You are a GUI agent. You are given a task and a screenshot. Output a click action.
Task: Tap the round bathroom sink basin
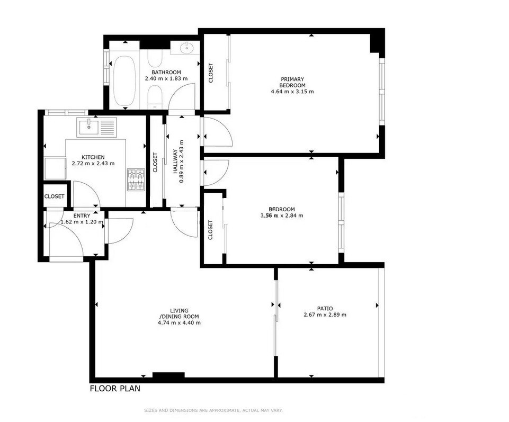coord(187,49)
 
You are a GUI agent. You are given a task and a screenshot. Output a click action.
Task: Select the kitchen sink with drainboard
coord(96,128)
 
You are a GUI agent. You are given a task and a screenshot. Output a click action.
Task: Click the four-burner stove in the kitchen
coord(135,179)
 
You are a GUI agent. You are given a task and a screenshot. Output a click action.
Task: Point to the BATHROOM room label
coord(166,73)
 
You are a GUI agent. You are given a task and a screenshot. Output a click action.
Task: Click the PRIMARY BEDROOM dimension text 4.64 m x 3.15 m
coord(292,92)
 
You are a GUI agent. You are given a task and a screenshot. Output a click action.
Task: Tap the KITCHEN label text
coord(93,157)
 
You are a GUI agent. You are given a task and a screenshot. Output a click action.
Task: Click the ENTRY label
coord(82,216)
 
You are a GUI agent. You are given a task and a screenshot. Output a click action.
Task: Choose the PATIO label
coord(325,308)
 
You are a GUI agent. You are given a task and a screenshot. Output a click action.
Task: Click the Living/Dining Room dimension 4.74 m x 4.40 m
coord(179,322)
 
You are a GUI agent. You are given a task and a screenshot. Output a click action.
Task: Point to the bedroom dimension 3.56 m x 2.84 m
coord(281,216)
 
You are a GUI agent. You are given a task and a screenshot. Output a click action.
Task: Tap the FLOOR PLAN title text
coord(115,389)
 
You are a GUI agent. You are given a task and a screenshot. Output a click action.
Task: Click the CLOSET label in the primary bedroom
coord(211,73)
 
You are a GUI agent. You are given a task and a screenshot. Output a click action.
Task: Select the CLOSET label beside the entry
coord(55,196)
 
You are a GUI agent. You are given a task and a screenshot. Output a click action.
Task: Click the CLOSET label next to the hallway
coord(155,162)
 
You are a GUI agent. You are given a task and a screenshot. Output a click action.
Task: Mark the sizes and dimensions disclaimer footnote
coord(213,410)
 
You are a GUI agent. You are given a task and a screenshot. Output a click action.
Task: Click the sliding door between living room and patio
coord(276,306)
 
